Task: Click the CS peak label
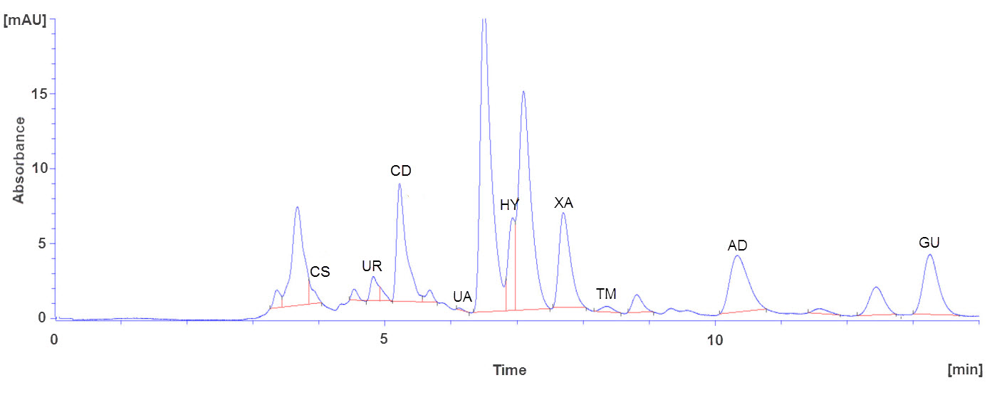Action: click(x=320, y=272)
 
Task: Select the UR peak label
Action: click(x=372, y=267)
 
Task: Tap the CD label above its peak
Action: click(x=401, y=171)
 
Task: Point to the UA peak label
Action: click(x=463, y=297)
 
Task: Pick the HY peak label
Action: click(x=509, y=206)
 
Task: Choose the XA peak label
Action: click(x=564, y=203)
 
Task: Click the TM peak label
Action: click(x=606, y=294)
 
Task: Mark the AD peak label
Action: click(x=737, y=246)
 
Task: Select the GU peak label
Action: click(x=929, y=243)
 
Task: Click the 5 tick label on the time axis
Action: click(x=385, y=339)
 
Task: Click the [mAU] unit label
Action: click(x=25, y=21)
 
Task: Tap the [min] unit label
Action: click(x=965, y=369)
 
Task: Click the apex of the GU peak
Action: click(x=929, y=255)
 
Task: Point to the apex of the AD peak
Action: click(x=737, y=256)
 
